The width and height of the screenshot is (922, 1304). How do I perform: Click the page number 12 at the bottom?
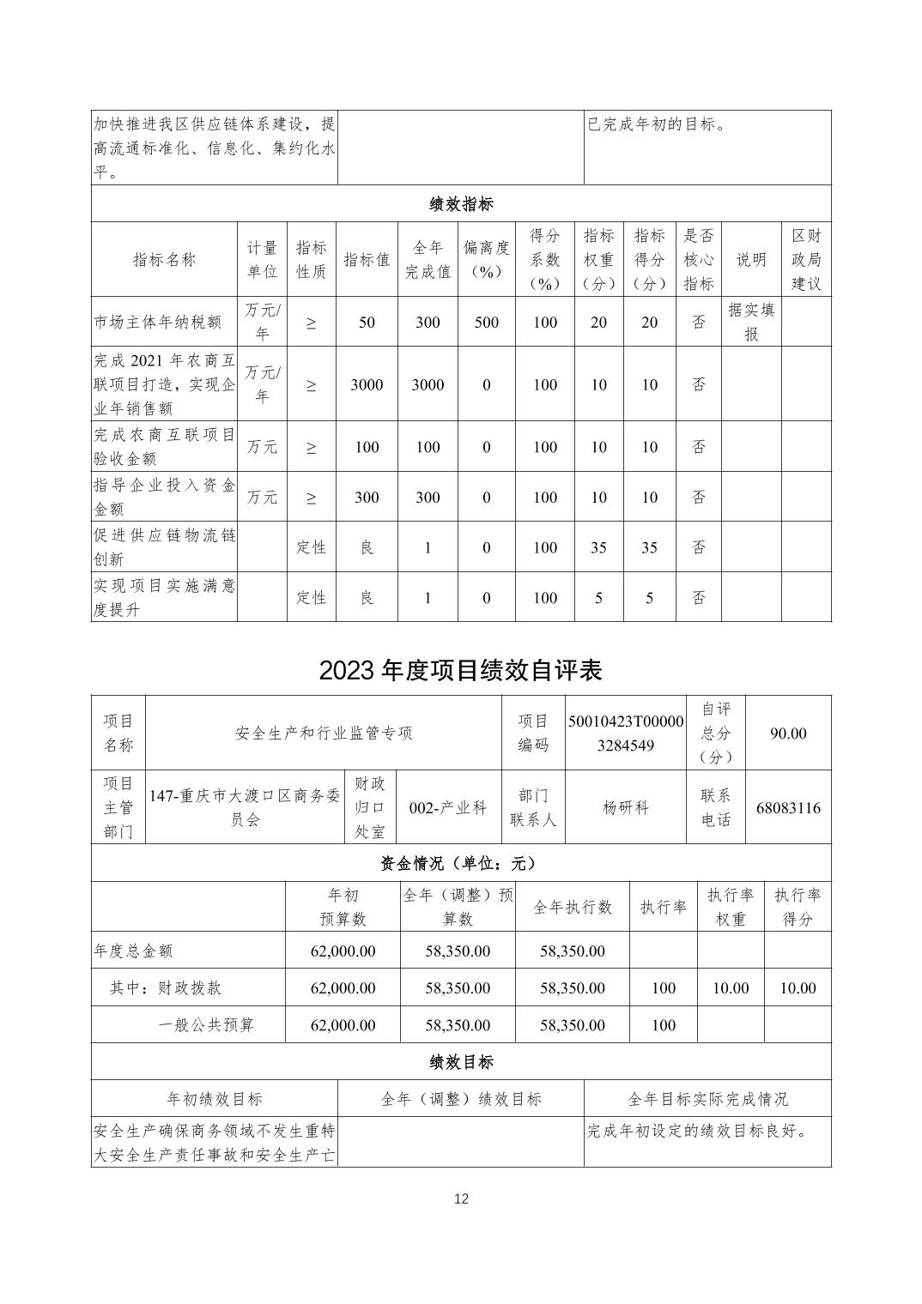[461, 1198]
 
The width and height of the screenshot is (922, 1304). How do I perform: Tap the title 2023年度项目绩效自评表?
[461, 670]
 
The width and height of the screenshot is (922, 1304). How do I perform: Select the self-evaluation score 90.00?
[788, 733]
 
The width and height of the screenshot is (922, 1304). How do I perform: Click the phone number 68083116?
[788, 808]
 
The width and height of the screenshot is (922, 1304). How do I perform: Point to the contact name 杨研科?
[626, 808]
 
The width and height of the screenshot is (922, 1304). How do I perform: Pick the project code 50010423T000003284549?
[626, 733]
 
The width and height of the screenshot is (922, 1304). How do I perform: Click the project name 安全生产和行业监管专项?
[324, 733]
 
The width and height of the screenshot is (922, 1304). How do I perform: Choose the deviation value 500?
[486, 323]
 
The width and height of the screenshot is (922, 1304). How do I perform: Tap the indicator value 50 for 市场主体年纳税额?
[367, 323]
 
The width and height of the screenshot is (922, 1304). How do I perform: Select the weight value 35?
[598, 547]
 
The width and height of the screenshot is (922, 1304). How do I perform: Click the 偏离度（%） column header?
[486, 259]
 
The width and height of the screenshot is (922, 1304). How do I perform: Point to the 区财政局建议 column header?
[806, 259]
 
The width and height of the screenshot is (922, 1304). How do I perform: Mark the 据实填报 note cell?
[751, 322]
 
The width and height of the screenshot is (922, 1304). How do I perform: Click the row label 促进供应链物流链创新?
[164, 547]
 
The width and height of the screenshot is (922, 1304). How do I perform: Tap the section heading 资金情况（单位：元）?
[461, 863]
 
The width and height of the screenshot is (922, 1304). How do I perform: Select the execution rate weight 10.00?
[731, 988]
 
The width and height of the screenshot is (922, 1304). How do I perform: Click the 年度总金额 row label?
[134, 951]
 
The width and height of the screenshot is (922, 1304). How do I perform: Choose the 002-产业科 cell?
[448, 808]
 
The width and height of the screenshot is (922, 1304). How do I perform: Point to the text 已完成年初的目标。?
[658, 124]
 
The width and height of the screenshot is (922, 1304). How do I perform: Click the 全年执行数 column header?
[573, 907]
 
